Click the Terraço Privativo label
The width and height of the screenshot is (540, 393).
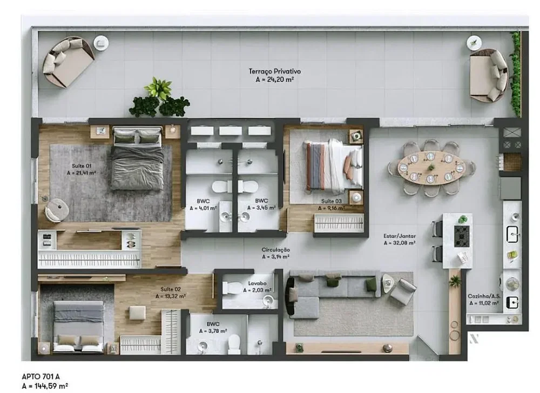(275, 71)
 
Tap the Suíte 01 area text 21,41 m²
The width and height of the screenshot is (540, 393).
(82, 173)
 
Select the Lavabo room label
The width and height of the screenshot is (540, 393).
(257, 283)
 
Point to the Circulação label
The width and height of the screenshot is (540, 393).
(275, 250)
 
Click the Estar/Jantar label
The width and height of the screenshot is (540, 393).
(400, 236)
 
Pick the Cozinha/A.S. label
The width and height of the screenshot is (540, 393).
(484, 296)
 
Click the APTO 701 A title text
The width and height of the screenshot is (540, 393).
(40, 377)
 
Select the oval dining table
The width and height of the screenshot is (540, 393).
(431, 168)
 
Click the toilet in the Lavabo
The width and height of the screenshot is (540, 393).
(233, 287)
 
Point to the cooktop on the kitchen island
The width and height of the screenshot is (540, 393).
(462, 236)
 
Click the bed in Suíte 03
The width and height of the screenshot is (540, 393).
(333, 166)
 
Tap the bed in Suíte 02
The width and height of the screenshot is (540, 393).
(78, 326)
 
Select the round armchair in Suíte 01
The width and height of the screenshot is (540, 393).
(57, 209)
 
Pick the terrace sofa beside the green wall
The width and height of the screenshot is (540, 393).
(489, 75)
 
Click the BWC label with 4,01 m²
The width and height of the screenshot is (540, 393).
(203, 204)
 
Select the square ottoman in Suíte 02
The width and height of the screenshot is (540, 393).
(137, 313)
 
